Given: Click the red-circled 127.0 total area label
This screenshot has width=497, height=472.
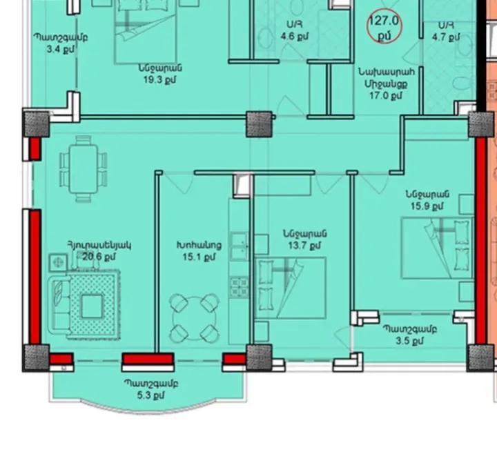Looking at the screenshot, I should pos(384,26).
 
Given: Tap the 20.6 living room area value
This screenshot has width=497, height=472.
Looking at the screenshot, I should pos(97,256).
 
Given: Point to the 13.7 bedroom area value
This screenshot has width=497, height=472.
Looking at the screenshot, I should pos(304,245).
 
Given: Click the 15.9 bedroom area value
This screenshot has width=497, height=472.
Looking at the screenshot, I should pos(428,206).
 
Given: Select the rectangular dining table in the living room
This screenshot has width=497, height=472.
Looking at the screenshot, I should pos(84,164).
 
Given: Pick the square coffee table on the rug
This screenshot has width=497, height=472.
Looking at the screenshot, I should pos(92,306).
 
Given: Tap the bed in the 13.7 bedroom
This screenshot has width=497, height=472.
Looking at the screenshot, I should pos(290,288).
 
